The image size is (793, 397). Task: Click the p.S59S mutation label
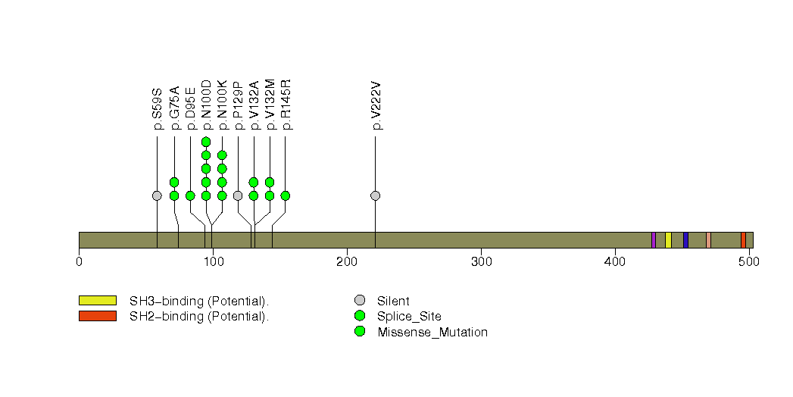(158, 110)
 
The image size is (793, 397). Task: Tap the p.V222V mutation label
(376, 110)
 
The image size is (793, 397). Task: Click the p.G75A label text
(174, 108)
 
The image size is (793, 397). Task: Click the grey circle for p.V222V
(375, 195)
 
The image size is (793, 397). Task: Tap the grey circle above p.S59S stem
(157, 195)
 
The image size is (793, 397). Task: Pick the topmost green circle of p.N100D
(206, 142)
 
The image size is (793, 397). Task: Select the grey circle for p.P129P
(238, 195)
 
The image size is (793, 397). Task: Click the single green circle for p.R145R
(285, 195)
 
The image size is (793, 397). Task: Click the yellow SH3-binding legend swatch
(97, 301)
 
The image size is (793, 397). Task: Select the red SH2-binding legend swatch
(97, 316)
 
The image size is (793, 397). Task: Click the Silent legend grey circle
(359, 301)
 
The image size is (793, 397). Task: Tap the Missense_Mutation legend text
(432, 332)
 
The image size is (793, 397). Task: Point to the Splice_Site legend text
(409, 316)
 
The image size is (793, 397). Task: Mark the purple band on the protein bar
(654, 240)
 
